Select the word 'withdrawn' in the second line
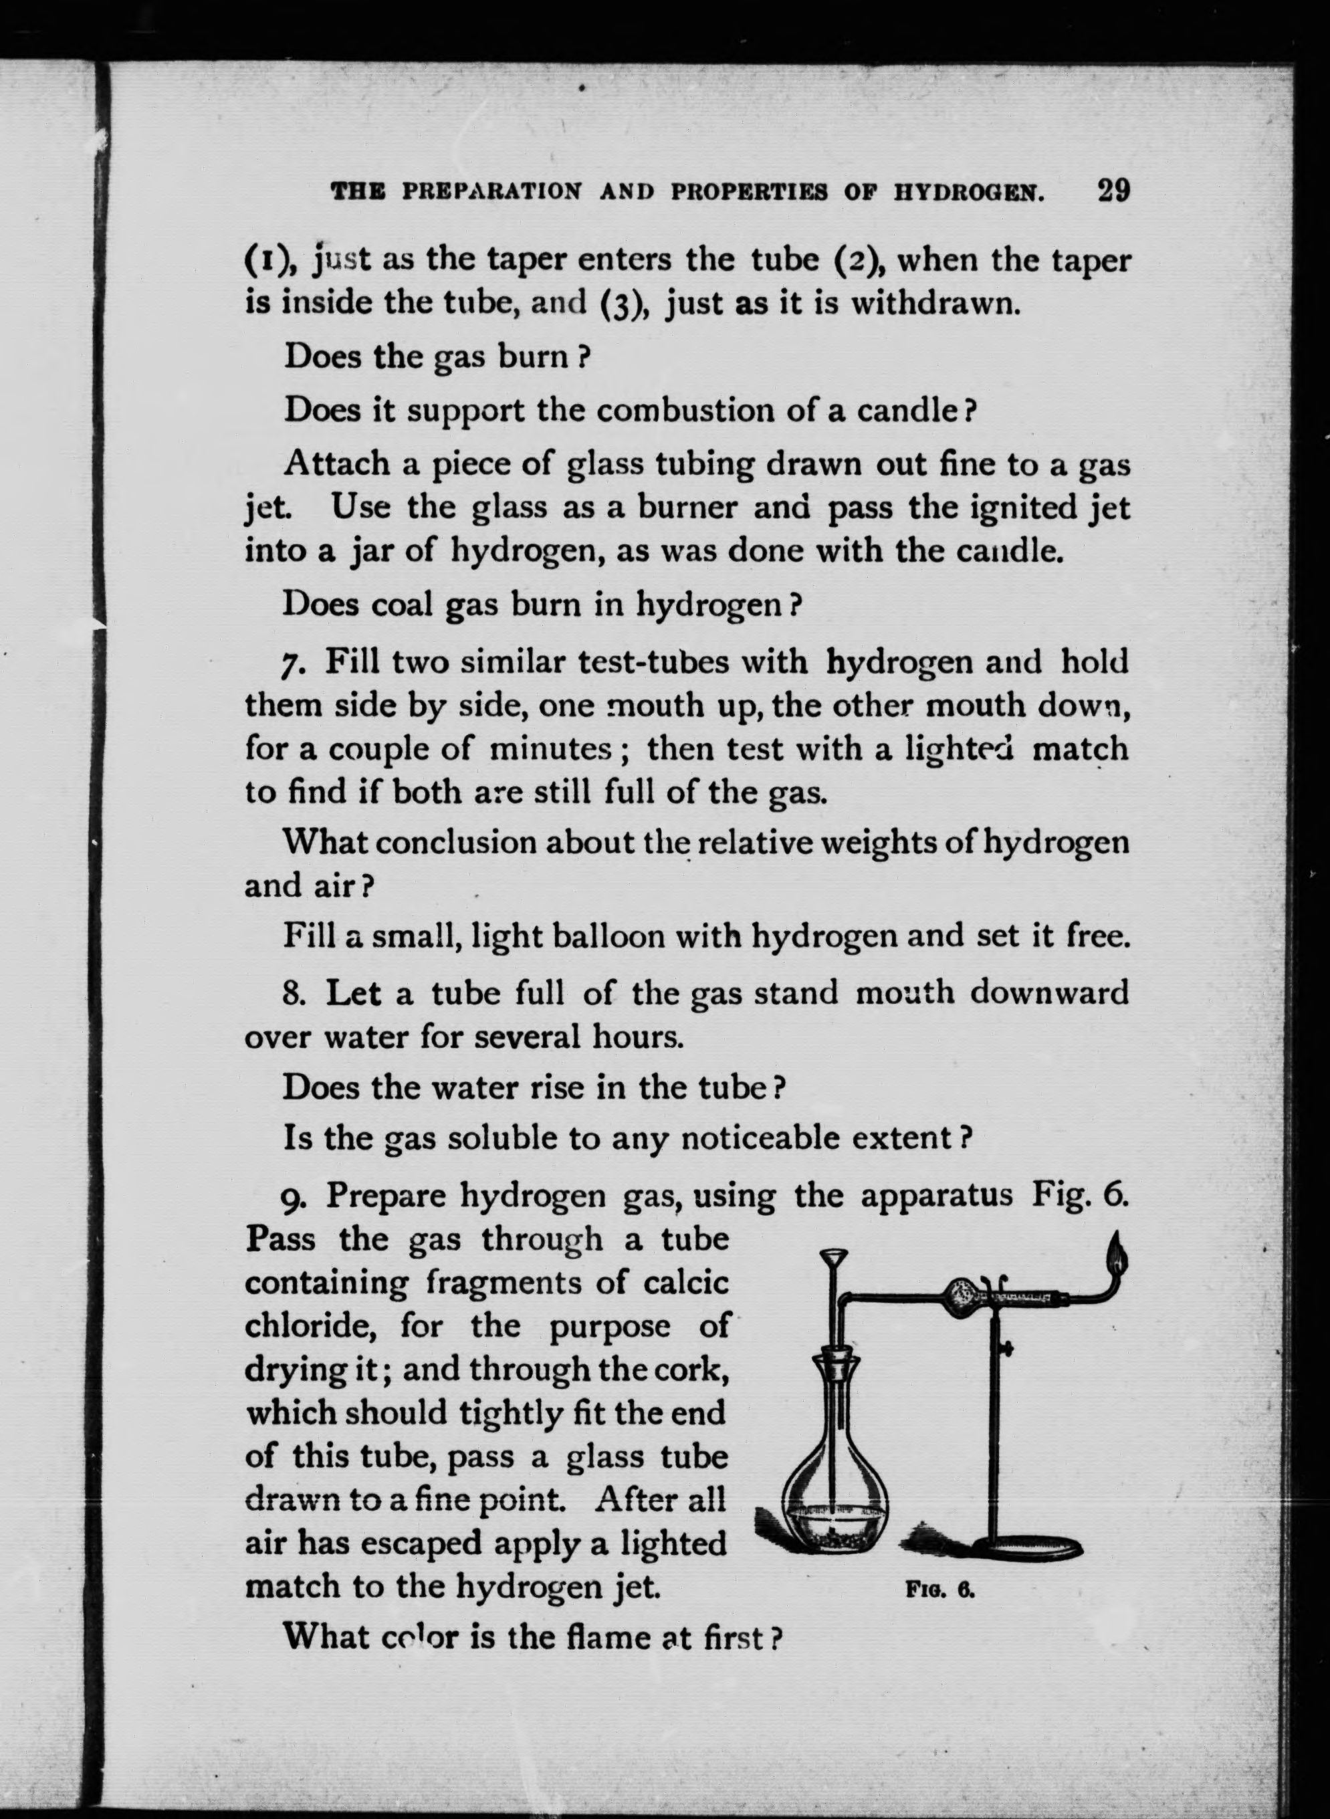[x=936, y=304]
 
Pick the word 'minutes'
[x=552, y=749]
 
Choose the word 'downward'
[x=1048, y=993]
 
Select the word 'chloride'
[x=311, y=1325]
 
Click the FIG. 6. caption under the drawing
[x=940, y=1590]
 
